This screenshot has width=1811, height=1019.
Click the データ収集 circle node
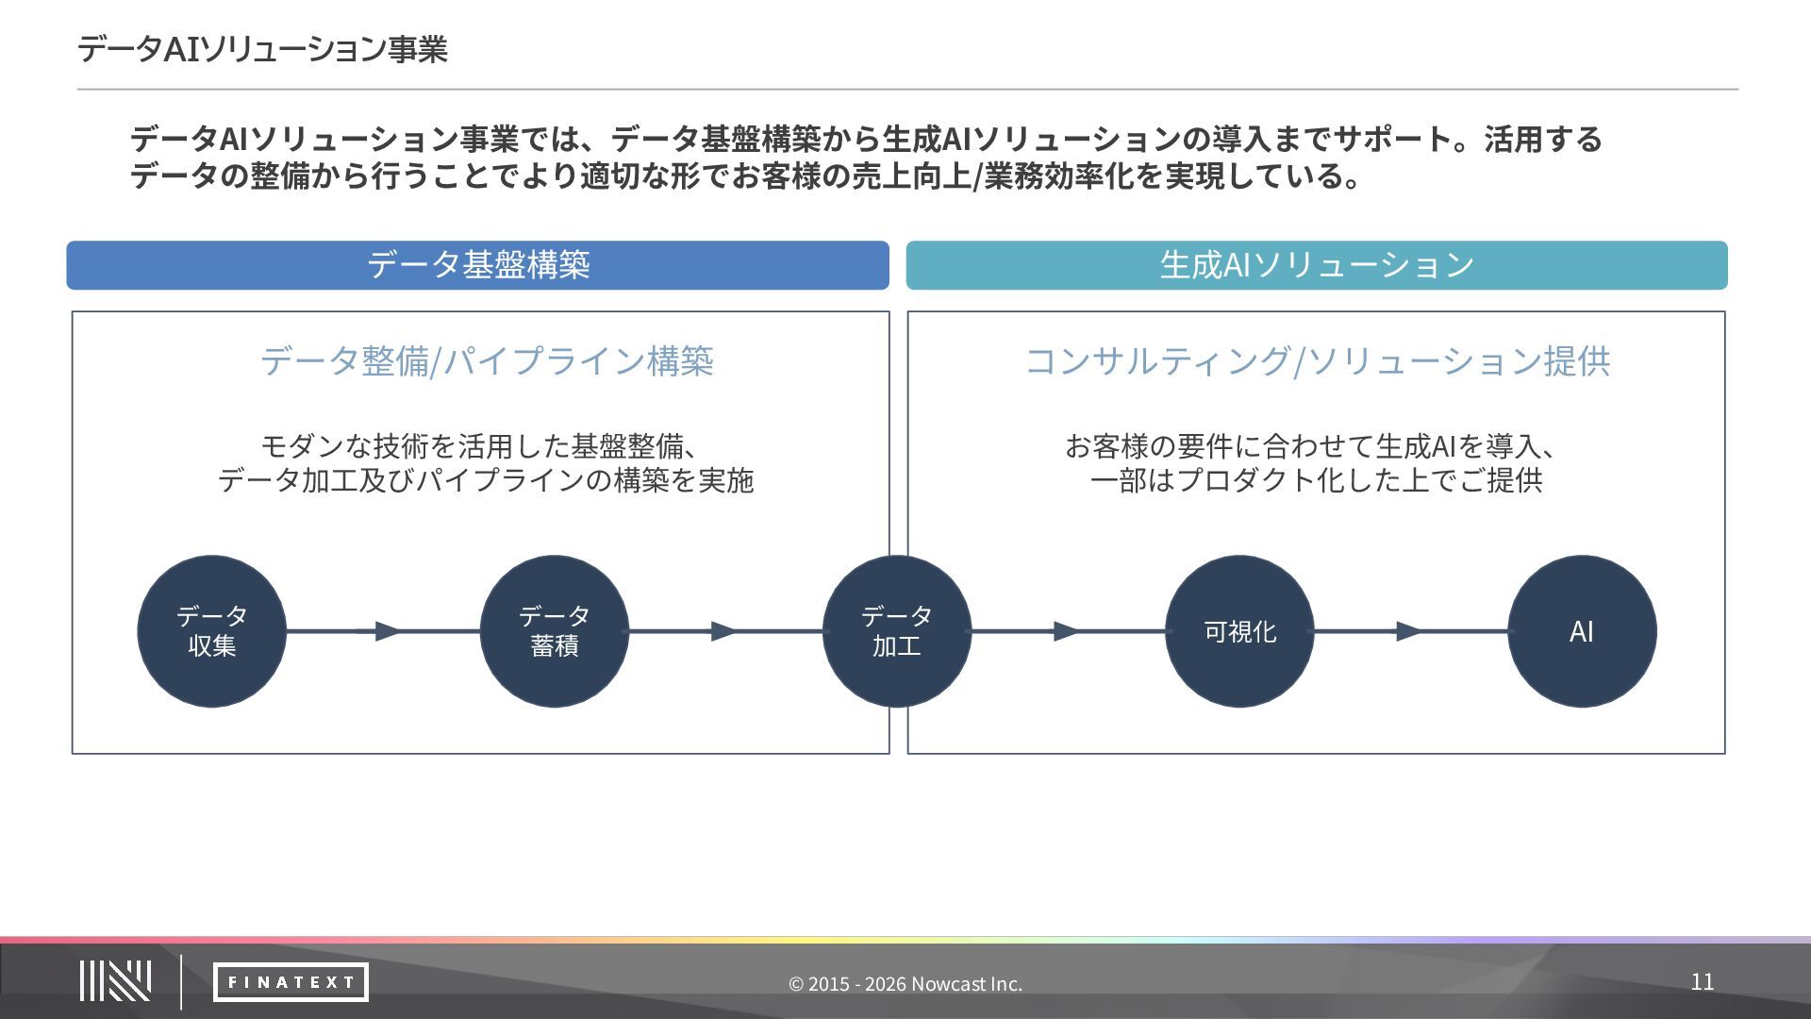pos(211,631)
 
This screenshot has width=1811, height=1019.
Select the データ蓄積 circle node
pos(554,631)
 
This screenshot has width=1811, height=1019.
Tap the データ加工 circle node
pos(896,631)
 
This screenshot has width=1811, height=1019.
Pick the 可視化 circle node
pos(1239,631)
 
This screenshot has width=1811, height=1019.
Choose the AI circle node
pos(1582,631)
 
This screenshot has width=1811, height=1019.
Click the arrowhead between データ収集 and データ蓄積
pos(388,631)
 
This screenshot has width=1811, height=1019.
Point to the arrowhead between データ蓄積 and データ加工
pos(723,631)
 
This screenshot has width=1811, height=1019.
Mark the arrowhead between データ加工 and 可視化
pos(1066,631)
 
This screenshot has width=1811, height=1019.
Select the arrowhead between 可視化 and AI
pos(1408,631)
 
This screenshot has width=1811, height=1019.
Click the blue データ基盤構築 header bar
pos(477,265)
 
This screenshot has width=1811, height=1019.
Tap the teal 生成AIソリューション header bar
pos(1317,265)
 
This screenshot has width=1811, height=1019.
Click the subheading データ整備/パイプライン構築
pos(487,361)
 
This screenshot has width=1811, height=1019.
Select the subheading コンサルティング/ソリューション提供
pos(1317,361)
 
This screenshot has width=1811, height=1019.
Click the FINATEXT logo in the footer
pos(291,982)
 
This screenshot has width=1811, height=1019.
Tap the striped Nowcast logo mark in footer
pos(115,981)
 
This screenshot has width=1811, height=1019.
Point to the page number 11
pos(1702,981)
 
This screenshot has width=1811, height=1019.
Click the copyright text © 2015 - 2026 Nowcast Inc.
pos(905,984)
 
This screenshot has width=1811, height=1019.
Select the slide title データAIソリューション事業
pos(262,49)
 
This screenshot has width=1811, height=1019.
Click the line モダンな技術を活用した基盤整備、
pos(479,445)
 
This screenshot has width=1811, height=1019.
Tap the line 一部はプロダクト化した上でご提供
pos(1317,480)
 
